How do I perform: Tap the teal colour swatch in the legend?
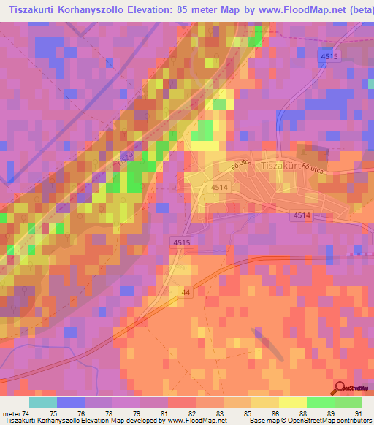(x=43, y=402)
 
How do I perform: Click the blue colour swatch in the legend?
(x=71, y=402)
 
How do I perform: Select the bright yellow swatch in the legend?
(x=293, y=402)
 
